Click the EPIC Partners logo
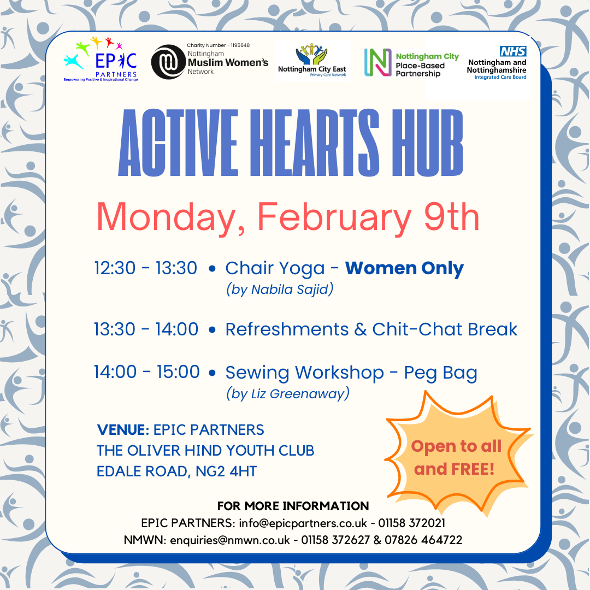101,59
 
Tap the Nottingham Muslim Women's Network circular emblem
168,62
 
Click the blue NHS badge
513,51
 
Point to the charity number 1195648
240,45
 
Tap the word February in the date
334,217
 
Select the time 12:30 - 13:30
146,268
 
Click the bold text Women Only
404,269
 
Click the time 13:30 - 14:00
146,329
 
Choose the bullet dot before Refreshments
212,329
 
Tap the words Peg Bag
441,373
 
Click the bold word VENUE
123,430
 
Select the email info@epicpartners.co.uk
303,523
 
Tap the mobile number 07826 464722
423,540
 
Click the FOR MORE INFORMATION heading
293,506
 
